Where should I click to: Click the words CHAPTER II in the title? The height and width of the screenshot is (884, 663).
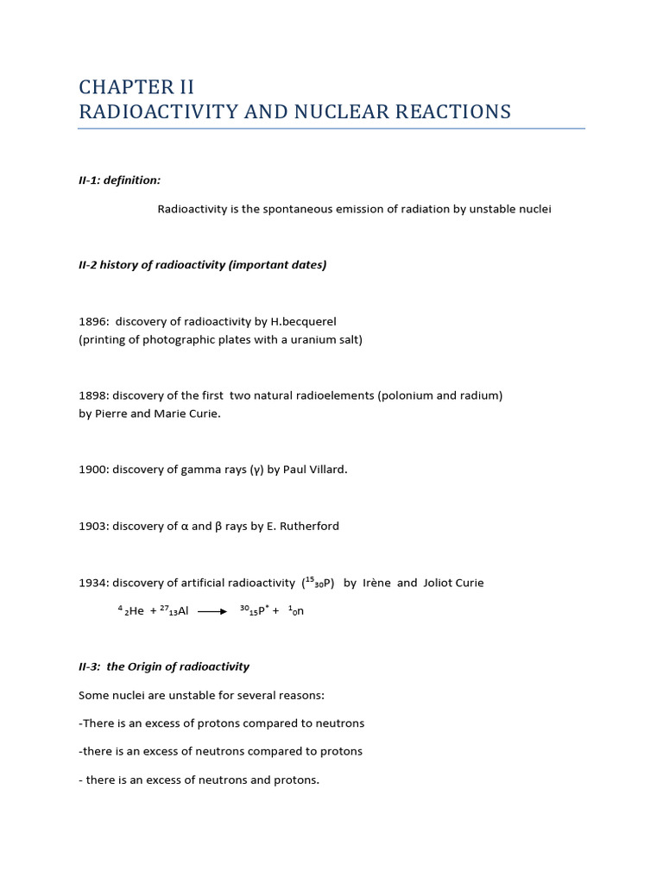136,87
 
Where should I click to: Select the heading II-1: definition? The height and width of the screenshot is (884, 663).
119,180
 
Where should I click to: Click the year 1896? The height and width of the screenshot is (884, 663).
92,322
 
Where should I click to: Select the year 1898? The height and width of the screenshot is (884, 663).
92,395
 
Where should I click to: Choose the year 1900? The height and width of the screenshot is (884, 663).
92,470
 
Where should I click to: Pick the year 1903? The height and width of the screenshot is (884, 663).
92,526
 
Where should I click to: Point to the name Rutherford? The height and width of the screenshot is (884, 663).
310,526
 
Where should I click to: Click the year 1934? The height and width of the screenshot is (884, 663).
92,583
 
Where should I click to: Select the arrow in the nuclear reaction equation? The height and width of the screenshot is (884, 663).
212,611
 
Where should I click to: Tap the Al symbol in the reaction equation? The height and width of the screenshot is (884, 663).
182,611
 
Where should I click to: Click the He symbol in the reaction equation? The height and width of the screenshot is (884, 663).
136,611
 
